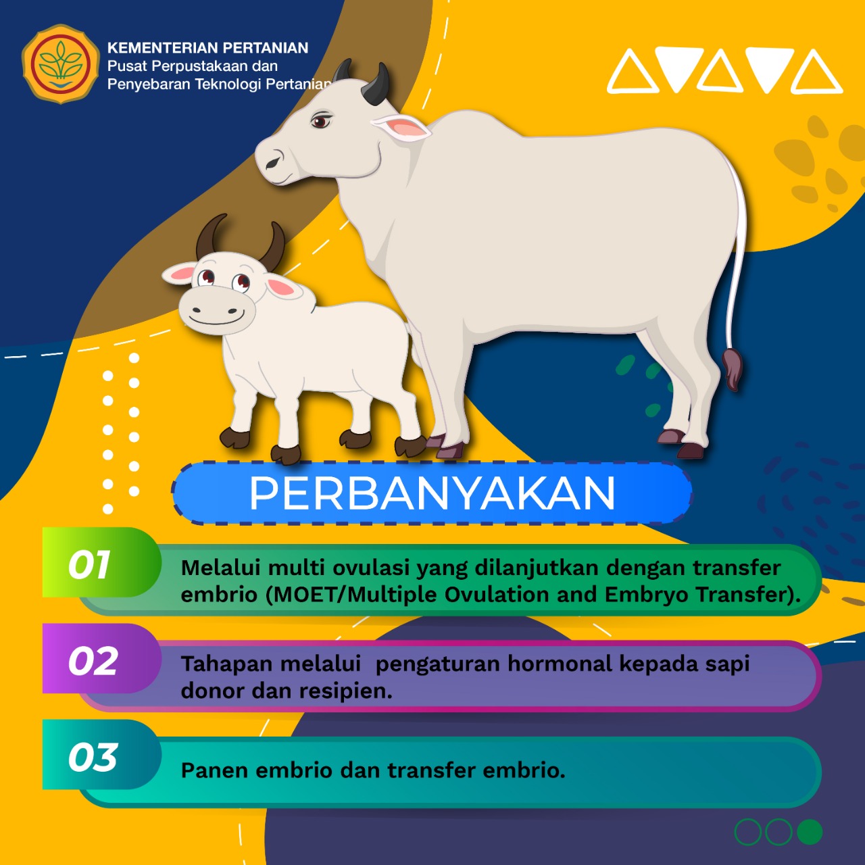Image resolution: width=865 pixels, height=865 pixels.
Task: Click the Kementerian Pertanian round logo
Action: point(60,64)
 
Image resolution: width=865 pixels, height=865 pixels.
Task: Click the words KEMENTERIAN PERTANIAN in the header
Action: point(208,48)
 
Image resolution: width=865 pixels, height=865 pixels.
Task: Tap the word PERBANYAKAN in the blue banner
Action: point(432,493)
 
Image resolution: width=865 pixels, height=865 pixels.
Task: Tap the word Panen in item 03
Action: point(214,770)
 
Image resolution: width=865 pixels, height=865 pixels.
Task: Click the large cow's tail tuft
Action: point(733,369)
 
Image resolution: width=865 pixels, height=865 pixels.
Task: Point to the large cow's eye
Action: point(320,121)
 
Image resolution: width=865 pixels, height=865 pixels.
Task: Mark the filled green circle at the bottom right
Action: point(810,832)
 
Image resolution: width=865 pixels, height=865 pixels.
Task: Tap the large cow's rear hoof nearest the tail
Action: point(691,450)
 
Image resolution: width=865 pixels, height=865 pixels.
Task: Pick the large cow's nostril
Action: point(273,162)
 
